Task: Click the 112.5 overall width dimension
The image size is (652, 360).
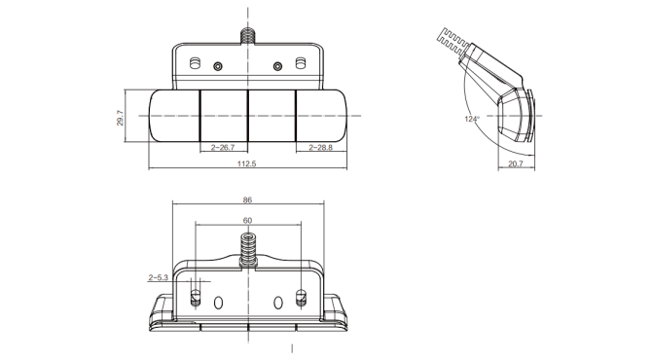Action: pyautogui.click(x=246, y=163)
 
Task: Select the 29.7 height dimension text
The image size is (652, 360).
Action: pyautogui.click(x=120, y=118)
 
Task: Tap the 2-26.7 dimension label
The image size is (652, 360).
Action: pyautogui.click(x=223, y=147)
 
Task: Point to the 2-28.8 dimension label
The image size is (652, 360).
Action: pyautogui.click(x=320, y=147)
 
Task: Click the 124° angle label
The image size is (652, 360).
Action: pyautogui.click(x=472, y=119)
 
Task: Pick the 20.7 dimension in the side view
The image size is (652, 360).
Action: pyautogui.click(x=516, y=163)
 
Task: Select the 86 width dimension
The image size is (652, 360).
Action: pyautogui.click(x=247, y=200)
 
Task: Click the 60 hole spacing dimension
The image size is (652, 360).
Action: pyautogui.click(x=247, y=220)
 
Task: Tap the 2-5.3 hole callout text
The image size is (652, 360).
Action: pyautogui.click(x=158, y=277)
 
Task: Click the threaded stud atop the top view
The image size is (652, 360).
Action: pyautogui.click(x=248, y=36)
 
